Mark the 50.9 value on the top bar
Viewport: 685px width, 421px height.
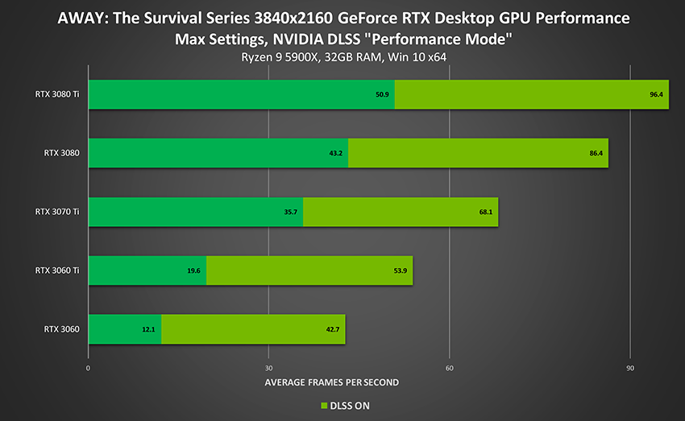(383, 95)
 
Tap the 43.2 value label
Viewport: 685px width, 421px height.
(335, 153)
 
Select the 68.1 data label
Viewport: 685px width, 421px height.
(485, 212)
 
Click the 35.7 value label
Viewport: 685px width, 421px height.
(290, 212)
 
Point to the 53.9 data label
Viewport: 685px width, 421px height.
(401, 270)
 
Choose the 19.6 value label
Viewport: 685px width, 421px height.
(193, 270)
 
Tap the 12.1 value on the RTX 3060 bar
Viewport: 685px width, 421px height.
(148, 329)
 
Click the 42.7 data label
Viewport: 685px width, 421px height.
(332, 329)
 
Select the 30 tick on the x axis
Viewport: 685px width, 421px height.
(268, 368)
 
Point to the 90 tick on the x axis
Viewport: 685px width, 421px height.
(630, 368)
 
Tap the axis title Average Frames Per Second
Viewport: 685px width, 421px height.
(331, 382)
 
